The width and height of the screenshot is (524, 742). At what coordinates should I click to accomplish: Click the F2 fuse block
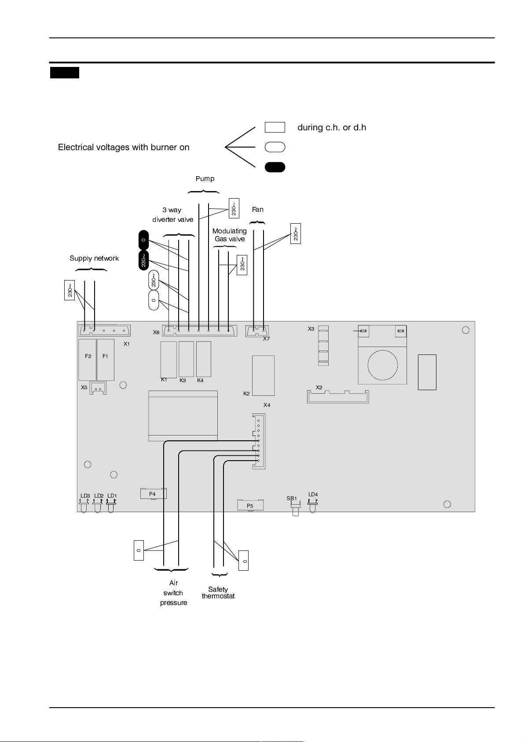(88, 360)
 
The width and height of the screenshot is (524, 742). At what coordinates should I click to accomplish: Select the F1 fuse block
(106, 360)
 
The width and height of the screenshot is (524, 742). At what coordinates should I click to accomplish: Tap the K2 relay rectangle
(263, 376)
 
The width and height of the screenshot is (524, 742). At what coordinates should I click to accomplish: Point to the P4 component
(153, 494)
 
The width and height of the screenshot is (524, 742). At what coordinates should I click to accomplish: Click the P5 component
(250, 506)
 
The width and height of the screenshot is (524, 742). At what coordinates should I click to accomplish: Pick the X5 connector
(98, 388)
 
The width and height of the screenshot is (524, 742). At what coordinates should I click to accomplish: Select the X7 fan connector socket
(257, 331)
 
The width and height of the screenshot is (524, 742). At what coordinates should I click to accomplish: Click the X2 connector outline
(338, 397)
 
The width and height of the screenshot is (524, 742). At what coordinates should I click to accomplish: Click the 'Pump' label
(205, 179)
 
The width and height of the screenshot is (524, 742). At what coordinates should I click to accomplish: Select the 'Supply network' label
(94, 258)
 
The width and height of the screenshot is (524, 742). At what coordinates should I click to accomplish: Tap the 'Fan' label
(257, 209)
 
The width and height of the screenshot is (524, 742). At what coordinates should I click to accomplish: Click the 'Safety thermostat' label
(218, 593)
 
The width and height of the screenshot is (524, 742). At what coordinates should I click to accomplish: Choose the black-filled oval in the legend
(275, 167)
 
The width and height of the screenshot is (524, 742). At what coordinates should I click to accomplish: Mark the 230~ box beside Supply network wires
(70, 290)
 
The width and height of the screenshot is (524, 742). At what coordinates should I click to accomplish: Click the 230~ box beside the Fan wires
(296, 234)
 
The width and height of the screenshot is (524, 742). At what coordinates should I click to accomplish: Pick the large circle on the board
(383, 365)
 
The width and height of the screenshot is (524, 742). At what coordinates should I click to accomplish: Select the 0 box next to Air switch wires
(139, 550)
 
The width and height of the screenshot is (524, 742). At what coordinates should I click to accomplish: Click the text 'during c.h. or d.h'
(332, 128)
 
